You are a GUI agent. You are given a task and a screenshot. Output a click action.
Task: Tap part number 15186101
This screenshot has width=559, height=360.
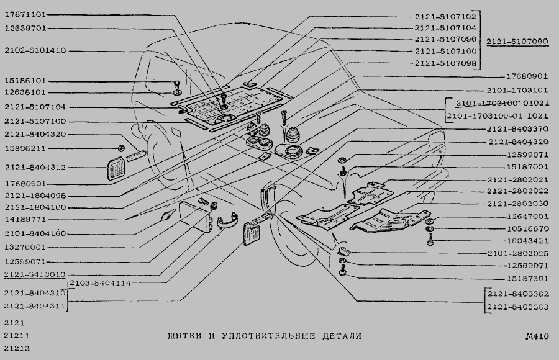click(x=25, y=81)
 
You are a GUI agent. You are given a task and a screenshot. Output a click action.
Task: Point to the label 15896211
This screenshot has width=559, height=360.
click(x=25, y=148)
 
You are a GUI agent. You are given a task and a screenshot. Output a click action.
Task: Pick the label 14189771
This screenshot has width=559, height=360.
click(x=25, y=219)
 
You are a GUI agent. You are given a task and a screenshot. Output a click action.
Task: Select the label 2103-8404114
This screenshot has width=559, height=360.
click(x=100, y=282)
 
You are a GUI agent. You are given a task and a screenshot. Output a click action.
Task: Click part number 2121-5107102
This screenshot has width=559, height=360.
click(x=445, y=17)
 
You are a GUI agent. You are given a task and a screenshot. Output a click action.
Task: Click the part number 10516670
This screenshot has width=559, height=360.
click(x=527, y=229)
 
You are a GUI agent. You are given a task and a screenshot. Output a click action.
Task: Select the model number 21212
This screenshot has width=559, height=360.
click(x=17, y=349)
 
